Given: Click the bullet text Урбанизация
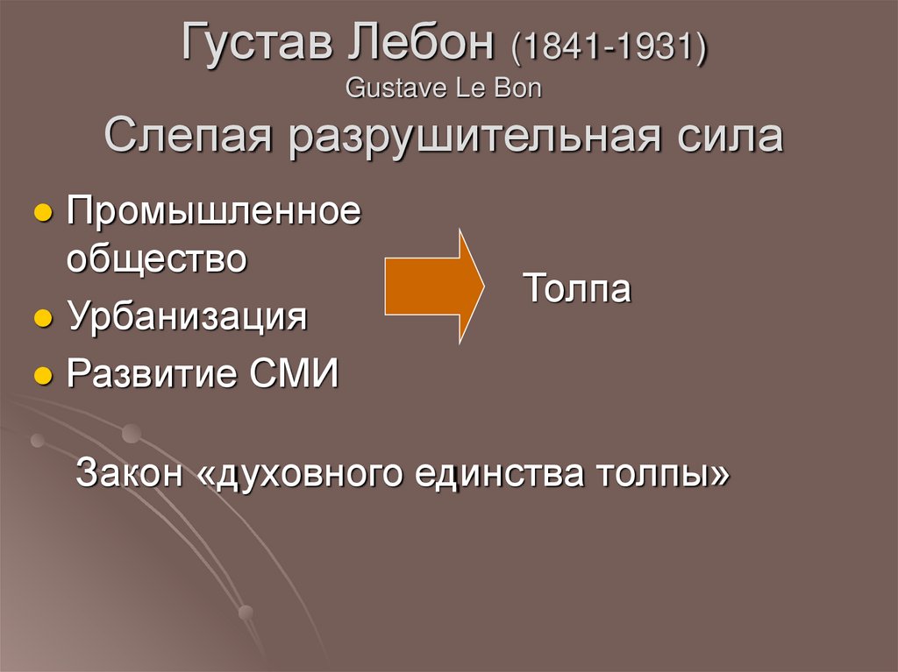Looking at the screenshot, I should click(187, 316).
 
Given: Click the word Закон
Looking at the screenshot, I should click(129, 473).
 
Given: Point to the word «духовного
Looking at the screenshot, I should click(301, 473).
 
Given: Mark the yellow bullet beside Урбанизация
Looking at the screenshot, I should click(40, 318).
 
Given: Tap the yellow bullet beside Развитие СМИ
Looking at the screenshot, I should click(40, 376).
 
